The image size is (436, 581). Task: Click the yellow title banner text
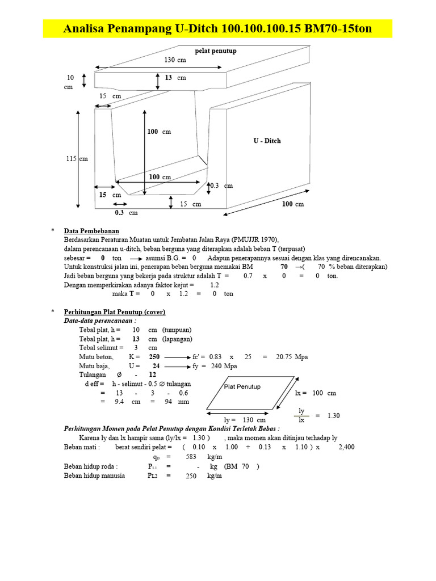coord(217,28)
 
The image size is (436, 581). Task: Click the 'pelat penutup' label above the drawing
coord(216,51)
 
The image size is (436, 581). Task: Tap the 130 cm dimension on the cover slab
coord(176,60)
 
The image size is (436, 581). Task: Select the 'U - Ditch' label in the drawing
coord(267,141)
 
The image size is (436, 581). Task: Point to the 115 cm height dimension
coord(77,159)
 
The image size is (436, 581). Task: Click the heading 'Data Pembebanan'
coord(91,231)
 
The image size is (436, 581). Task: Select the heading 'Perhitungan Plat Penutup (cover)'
coord(115,312)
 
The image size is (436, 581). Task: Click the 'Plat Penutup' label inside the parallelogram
coord(242,386)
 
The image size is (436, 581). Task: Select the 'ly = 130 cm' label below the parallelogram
coord(245,420)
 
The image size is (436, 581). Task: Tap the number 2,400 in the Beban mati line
coord(346,447)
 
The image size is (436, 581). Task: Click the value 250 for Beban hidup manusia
coord(191,476)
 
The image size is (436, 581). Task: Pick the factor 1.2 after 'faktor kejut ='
coord(215,285)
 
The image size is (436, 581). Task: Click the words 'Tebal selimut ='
coord(101,348)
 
